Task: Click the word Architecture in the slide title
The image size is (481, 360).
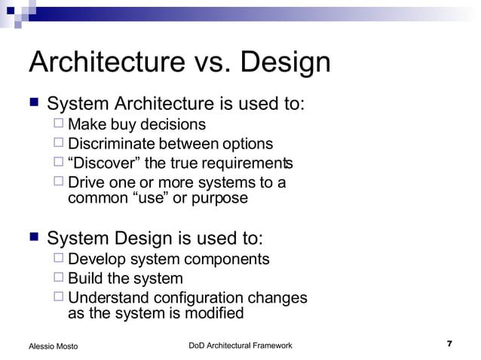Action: click(108, 63)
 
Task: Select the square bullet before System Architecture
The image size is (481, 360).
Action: click(34, 102)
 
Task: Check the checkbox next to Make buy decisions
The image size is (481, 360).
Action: click(59, 124)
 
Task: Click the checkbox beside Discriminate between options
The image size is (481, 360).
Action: click(59, 144)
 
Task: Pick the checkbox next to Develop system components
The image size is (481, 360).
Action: click(59, 259)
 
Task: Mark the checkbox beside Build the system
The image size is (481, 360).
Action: click(59, 279)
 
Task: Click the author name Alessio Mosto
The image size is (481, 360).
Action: click(53, 346)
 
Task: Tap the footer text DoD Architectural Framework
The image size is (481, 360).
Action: click(240, 345)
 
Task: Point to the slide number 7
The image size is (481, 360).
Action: click(449, 344)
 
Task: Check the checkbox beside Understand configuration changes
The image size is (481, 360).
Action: click(59, 297)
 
